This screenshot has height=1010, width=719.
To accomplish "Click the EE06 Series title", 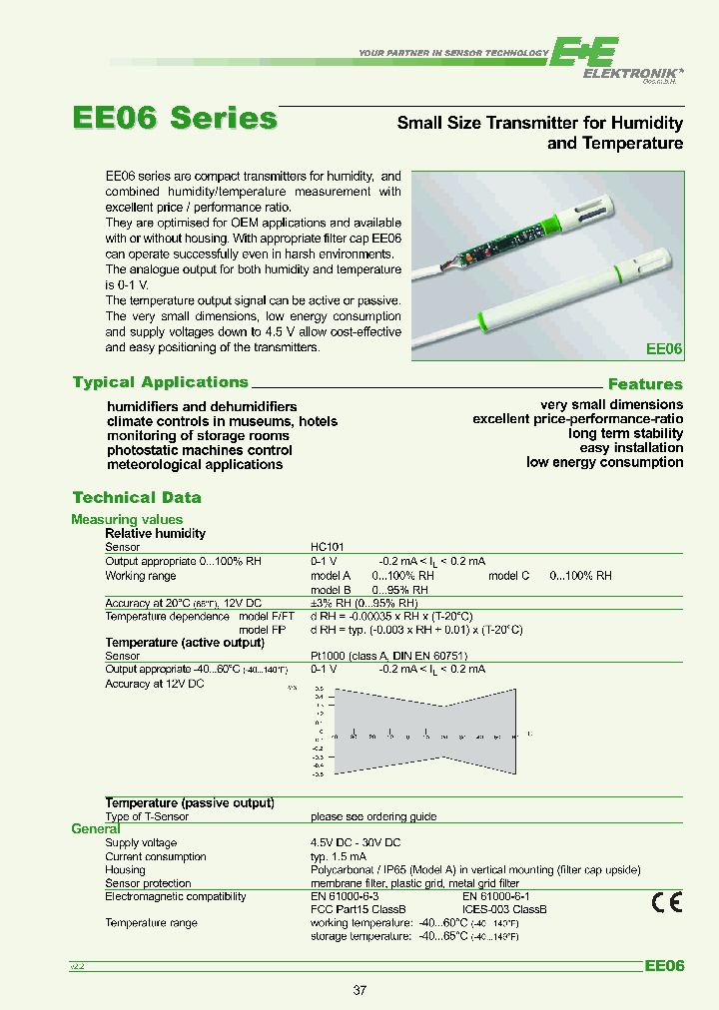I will point(175,118).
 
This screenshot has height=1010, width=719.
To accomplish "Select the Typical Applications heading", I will point(161,382).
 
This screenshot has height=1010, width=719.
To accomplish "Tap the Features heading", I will point(645,384).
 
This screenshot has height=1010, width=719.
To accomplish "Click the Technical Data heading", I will point(137,497).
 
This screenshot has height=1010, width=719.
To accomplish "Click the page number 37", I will point(360,991).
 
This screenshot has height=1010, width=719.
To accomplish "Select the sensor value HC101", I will point(327,547).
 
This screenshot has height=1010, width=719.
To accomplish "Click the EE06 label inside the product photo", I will point(664,349).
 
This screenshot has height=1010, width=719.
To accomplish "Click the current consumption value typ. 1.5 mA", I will point(339,856).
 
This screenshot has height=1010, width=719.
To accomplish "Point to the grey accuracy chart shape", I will point(425,732).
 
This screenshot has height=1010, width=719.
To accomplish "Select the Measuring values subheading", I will point(127,519).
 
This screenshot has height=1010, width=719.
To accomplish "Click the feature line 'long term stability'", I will point(626,433).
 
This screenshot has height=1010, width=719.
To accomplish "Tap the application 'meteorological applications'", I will point(195,464).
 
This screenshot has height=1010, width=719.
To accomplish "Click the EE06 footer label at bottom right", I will point(664,966).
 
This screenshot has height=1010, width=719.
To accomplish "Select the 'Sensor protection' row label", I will point(148,883).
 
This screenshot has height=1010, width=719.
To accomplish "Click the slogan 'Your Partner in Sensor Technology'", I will point(453,53).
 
